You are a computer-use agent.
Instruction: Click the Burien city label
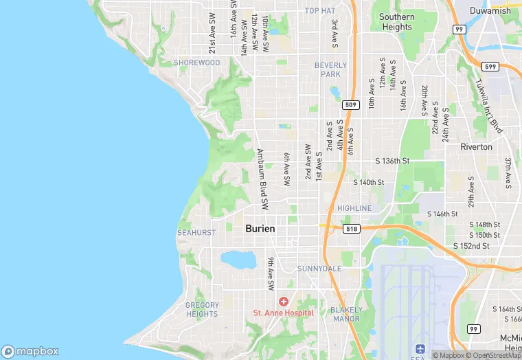pyautogui.click(x=260, y=229)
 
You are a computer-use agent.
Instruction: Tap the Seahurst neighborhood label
pyautogui.click(x=196, y=233)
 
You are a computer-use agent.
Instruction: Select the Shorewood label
pyautogui.click(x=197, y=63)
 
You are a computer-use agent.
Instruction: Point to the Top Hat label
pyautogui.click(x=320, y=11)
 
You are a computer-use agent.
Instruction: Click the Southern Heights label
pyautogui.click(x=397, y=22)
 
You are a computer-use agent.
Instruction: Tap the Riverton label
pyautogui.click(x=476, y=147)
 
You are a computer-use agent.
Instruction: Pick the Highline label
pyautogui.click(x=354, y=208)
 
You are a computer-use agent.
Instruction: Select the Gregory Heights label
pyautogui.click(x=202, y=309)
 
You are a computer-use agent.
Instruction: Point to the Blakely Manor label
pyautogui.click(x=346, y=314)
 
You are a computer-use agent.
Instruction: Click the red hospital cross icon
pyautogui.click(x=283, y=302)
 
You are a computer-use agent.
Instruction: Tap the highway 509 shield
pyautogui.click(x=350, y=105)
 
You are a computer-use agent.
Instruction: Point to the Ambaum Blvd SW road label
pyautogui.click(x=262, y=179)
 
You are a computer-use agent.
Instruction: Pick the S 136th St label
pyautogui.click(x=392, y=161)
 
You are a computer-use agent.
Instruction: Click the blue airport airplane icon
pyautogui.click(x=421, y=349)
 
